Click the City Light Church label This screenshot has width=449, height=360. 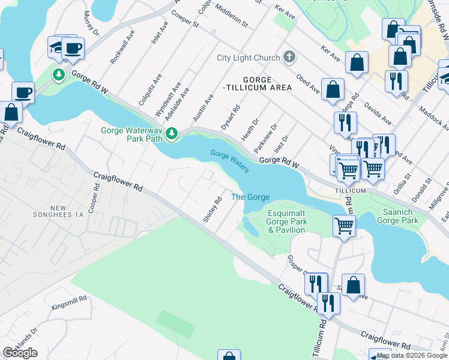pyautogui.click(x=248, y=58)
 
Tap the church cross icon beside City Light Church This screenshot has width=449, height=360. pyautogui.click(x=289, y=58)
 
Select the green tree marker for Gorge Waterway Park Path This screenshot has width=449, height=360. pyautogui.click(x=172, y=133)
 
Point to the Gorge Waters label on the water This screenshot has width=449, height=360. pyautogui.click(x=229, y=162)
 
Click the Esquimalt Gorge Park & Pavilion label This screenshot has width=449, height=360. pyautogui.click(x=288, y=222)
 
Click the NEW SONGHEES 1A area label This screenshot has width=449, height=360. pyautogui.click(x=67, y=211)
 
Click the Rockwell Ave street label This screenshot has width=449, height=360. pyautogui.click(x=120, y=49)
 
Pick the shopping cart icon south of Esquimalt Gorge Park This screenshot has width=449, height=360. pyautogui.click(x=344, y=226)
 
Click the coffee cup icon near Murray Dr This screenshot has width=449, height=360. pyautogui.click(x=73, y=49)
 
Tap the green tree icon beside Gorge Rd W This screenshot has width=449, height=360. pyautogui.click(x=59, y=75)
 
